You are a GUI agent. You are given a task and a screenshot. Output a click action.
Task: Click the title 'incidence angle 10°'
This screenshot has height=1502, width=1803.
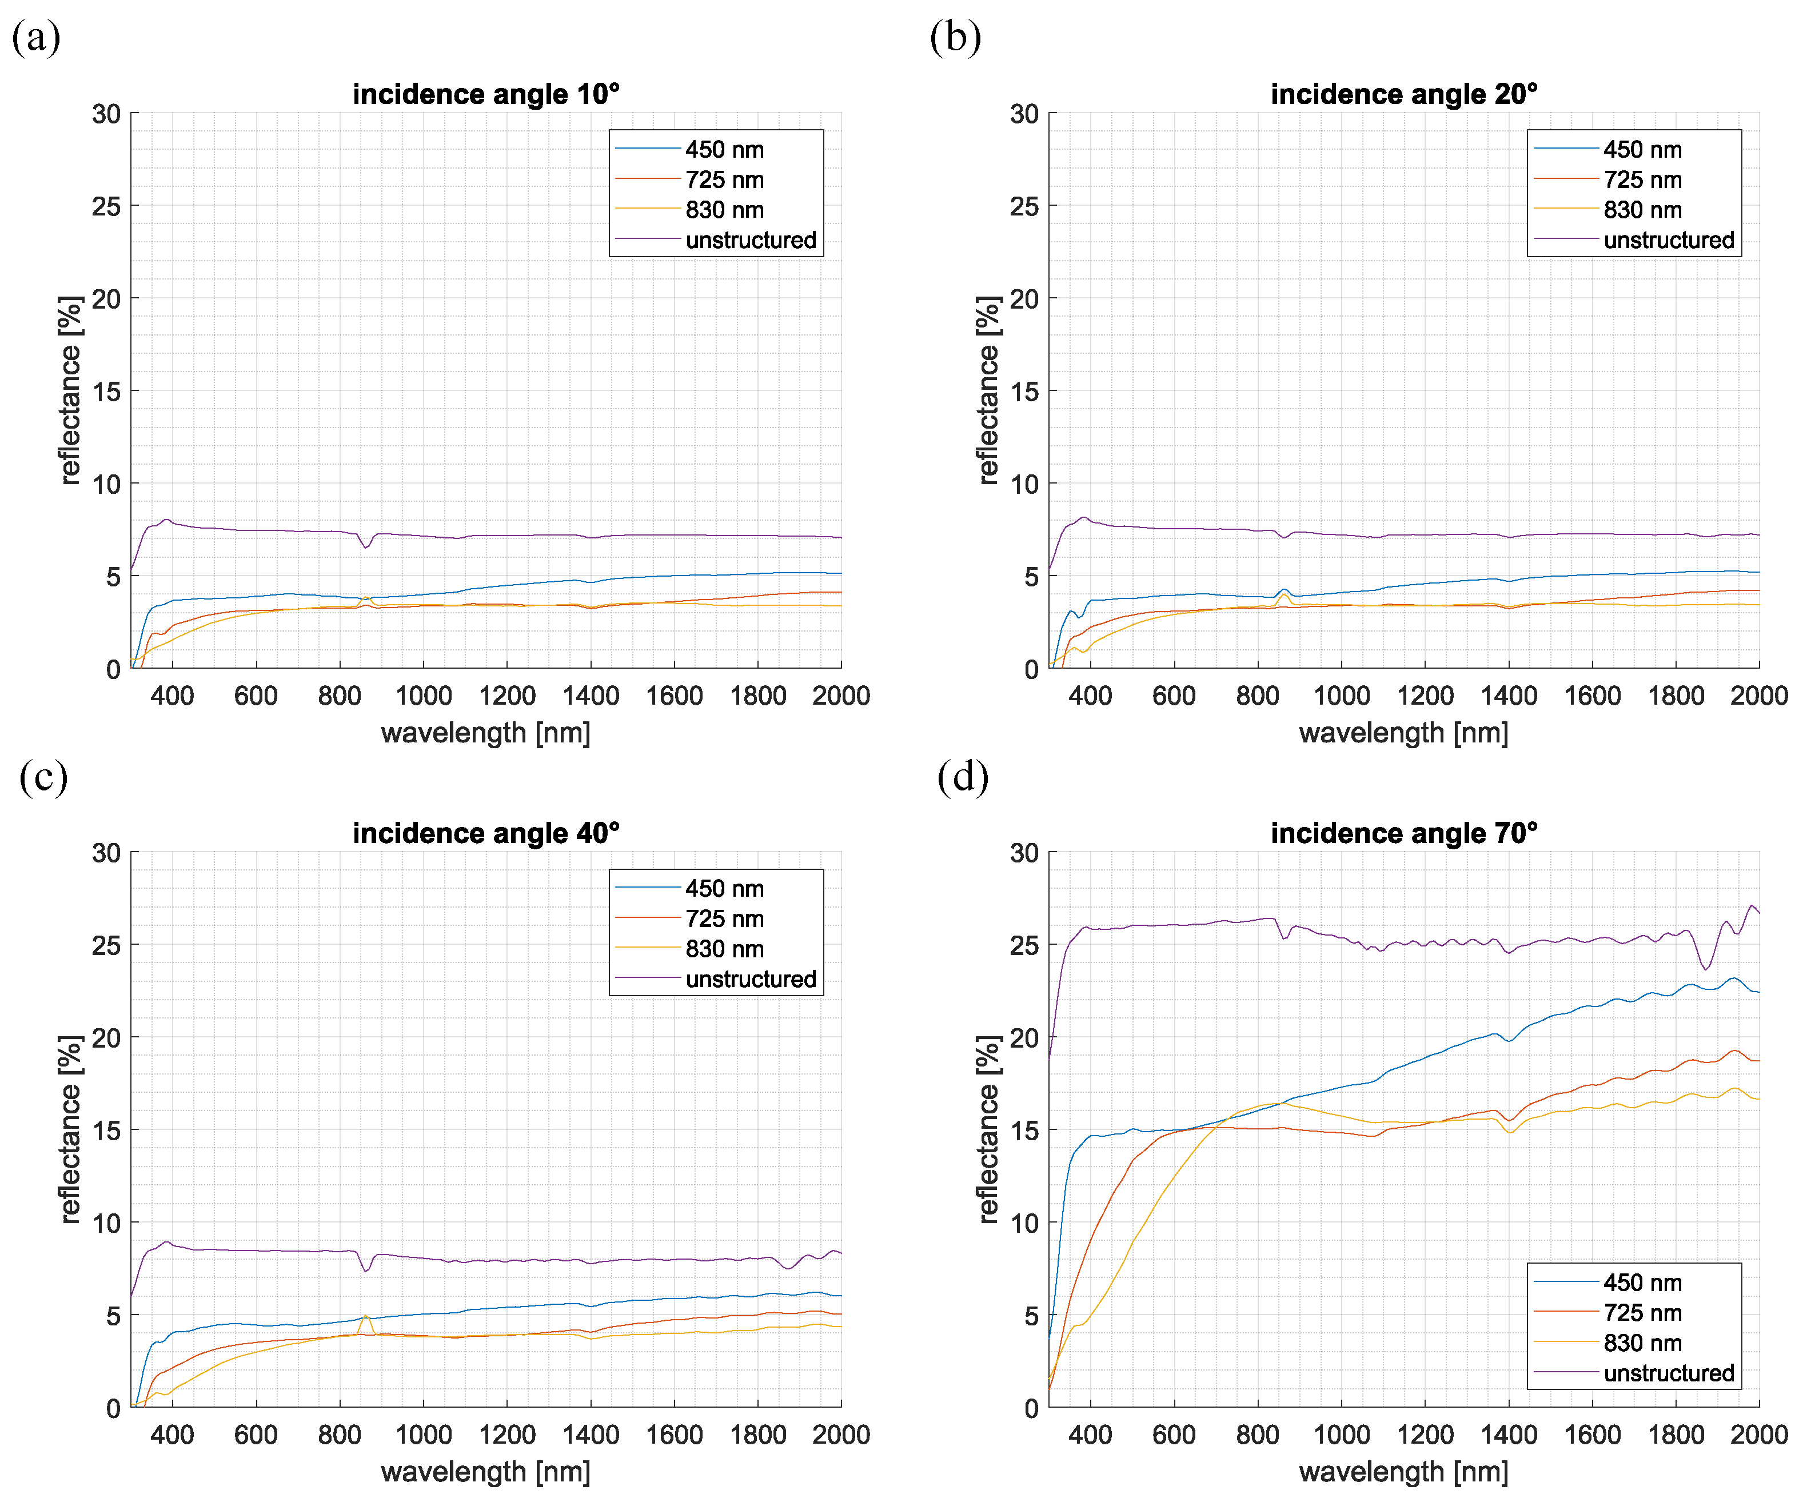point(486,94)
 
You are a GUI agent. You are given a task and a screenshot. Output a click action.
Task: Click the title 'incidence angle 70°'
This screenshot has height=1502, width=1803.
point(1404,833)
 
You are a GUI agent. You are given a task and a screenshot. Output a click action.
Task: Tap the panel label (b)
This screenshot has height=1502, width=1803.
point(955,38)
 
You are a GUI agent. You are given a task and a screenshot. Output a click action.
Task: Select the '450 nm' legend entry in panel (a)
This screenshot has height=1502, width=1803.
point(724,149)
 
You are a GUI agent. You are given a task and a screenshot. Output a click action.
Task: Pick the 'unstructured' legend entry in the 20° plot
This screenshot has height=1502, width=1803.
point(1668,240)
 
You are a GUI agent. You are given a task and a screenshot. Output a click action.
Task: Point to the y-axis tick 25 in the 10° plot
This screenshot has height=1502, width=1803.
point(106,206)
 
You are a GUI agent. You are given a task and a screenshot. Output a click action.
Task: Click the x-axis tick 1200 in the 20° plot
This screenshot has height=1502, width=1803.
point(1425,695)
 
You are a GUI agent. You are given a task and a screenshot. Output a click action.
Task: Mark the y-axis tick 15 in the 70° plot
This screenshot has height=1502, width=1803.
point(1024,1131)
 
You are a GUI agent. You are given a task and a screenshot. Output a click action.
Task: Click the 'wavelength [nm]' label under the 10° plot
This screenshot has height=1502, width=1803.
point(486,733)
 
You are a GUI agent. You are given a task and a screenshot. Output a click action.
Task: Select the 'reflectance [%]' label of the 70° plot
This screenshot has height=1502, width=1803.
point(988,1129)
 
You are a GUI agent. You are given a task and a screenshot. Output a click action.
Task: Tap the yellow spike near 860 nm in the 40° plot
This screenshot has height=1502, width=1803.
point(365,1316)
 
